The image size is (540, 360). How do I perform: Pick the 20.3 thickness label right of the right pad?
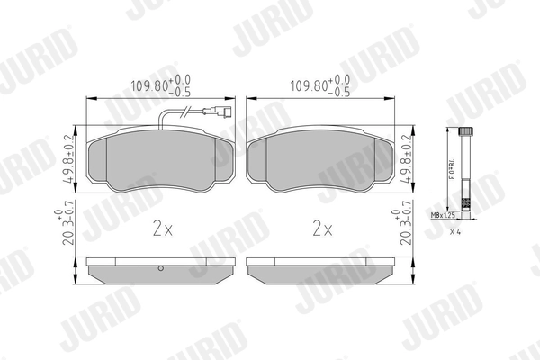point(402,233)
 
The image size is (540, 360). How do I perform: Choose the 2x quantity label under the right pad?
point(322,229)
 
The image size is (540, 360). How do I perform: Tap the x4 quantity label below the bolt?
point(457,231)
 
